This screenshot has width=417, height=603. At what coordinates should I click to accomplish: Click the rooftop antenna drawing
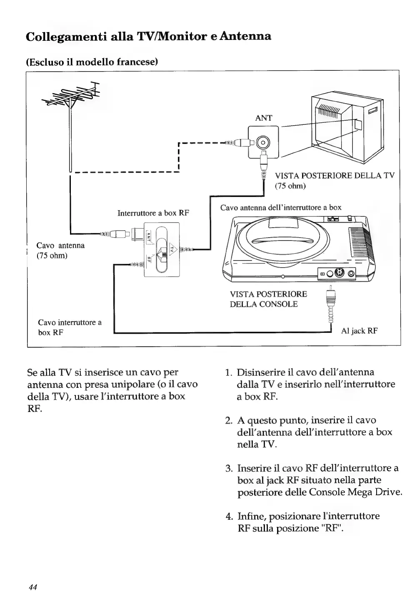click(x=72, y=102)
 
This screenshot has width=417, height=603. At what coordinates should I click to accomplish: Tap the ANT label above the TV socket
click(x=263, y=118)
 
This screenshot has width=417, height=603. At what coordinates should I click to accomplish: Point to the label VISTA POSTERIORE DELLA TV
click(x=334, y=175)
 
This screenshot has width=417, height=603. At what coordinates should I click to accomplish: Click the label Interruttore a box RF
click(x=153, y=213)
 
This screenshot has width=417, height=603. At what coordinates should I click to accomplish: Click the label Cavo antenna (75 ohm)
click(x=60, y=250)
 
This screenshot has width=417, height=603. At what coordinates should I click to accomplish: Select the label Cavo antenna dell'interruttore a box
click(x=281, y=207)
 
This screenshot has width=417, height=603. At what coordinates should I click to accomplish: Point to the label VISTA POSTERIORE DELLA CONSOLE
click(x=268, y=299)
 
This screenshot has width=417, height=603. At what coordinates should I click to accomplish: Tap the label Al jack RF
click(x=359, y=331)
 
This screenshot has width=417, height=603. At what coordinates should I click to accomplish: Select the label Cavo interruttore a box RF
click(x=70, y=328)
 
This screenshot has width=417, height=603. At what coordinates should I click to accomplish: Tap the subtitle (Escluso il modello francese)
click(x=92, y=62)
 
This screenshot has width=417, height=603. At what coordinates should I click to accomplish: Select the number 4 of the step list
click(x=228, y=516)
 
